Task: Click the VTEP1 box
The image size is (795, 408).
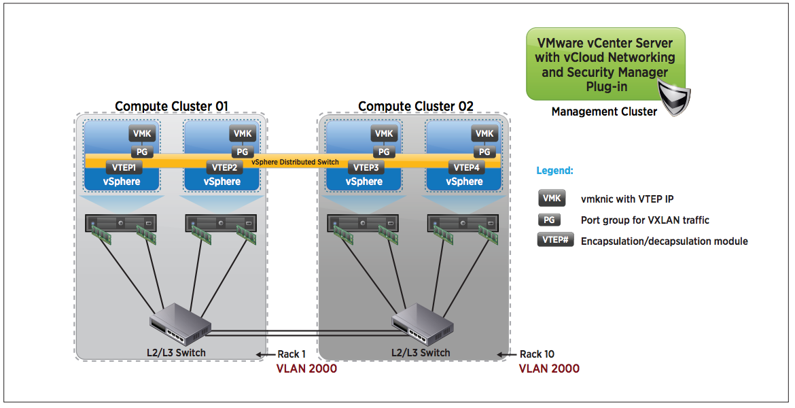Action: point(123,167)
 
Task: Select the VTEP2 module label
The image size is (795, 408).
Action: point(224,167)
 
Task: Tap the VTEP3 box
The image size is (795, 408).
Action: point(366,167)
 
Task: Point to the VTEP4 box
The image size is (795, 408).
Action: point(466,167)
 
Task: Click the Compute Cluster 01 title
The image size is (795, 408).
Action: point(171,106)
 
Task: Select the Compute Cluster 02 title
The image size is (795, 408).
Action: point(415,106)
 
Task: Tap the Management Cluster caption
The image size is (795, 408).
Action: point(604,112)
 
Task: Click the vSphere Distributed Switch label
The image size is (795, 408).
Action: point(295,162)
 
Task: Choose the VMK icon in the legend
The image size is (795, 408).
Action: point(552,199)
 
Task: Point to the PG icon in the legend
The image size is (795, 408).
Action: point(550,220)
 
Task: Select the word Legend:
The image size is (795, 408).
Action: point(555,171)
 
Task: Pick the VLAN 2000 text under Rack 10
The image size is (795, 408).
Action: point(549,369)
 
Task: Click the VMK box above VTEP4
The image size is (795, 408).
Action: point(484,134)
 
